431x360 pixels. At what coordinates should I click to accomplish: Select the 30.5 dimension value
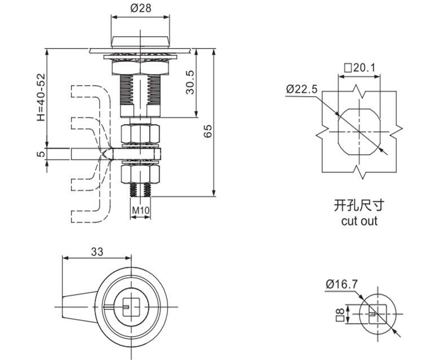coord(190,83)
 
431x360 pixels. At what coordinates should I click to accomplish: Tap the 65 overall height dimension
coord(207,131)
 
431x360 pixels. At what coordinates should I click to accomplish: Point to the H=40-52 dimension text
coord(40,98)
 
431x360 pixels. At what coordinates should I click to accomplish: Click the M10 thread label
coord(141,210)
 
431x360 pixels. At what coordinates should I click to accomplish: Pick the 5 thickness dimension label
coord(40,154)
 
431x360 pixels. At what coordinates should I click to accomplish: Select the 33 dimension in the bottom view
coord(97,251)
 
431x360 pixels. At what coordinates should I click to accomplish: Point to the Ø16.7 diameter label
coord(341,284)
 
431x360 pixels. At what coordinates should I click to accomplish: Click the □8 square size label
coord(340,315)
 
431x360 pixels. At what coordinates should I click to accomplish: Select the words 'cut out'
coord(359,221)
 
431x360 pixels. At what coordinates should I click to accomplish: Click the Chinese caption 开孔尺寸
coord(359,207)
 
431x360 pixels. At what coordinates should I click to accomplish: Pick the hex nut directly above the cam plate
coord(141,134)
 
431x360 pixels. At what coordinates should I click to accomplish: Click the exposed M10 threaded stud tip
coord(141,190)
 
